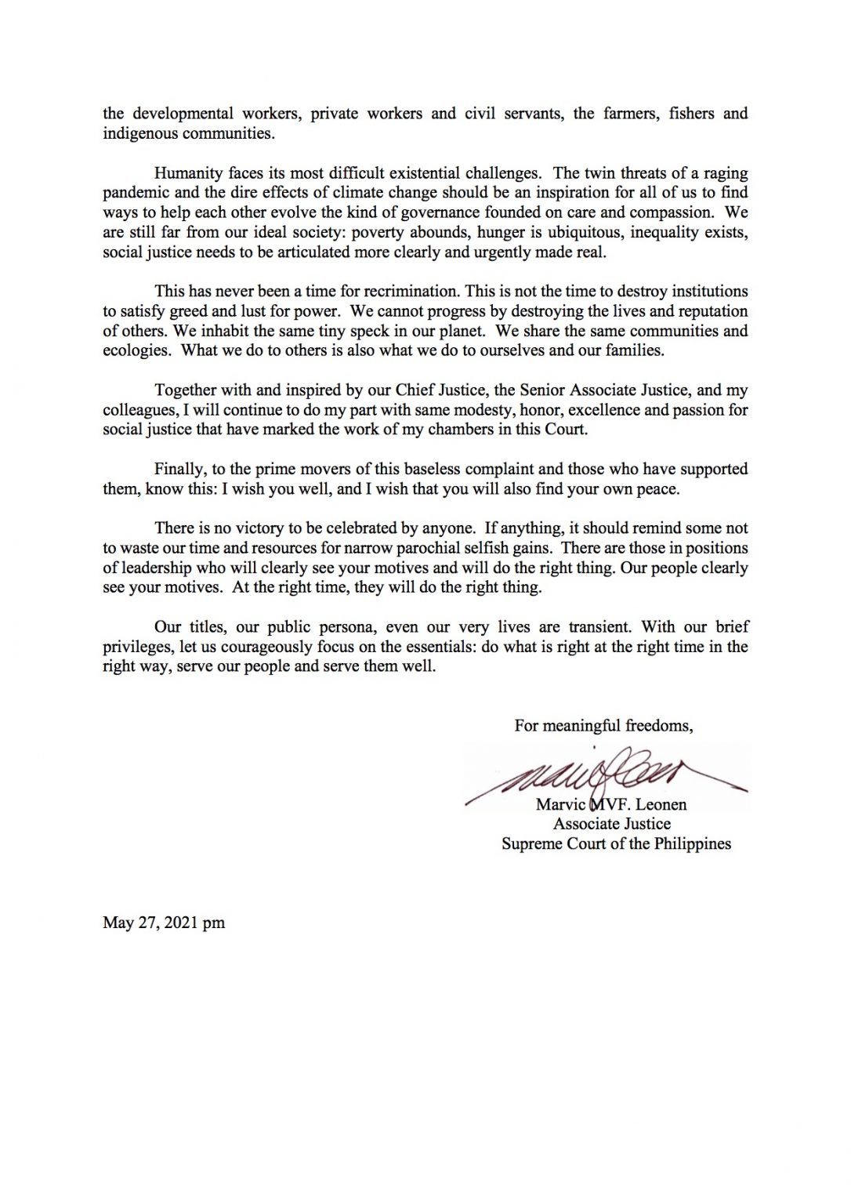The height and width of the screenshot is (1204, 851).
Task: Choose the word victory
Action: pyautogui.click(x=256, y=528)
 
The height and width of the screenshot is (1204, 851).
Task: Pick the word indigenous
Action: pyautogui.click(x=139, y=133)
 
